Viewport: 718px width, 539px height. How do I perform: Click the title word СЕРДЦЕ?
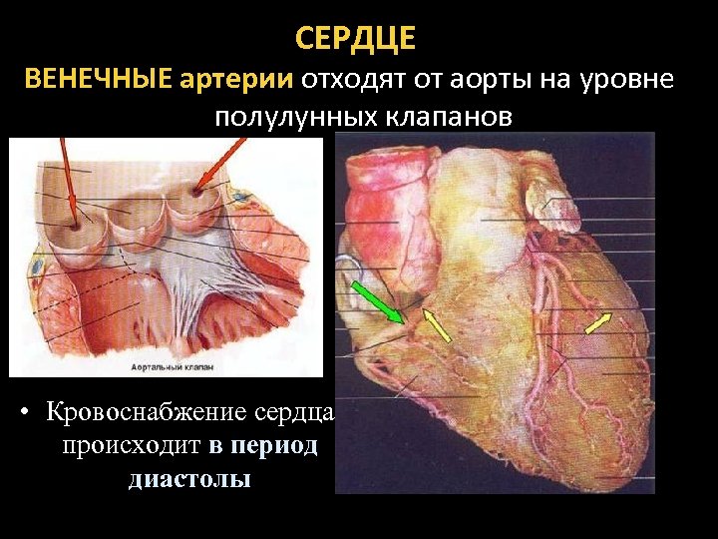[x=356, y=40]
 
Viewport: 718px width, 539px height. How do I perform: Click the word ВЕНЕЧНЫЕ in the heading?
[x=97, y=79]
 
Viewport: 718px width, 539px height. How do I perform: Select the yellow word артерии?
[x=236, y=79]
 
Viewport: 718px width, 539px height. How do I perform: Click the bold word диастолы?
[x=189, y=478]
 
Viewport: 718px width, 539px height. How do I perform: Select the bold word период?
[x=262, y=445]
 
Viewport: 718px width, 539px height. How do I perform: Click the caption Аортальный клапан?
[x=172, y=367]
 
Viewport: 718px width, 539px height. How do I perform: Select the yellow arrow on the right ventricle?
[x=597, y=322]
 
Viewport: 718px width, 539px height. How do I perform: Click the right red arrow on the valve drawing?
[x=221, y=161]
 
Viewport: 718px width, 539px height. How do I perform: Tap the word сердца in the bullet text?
[x=299, y=412]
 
